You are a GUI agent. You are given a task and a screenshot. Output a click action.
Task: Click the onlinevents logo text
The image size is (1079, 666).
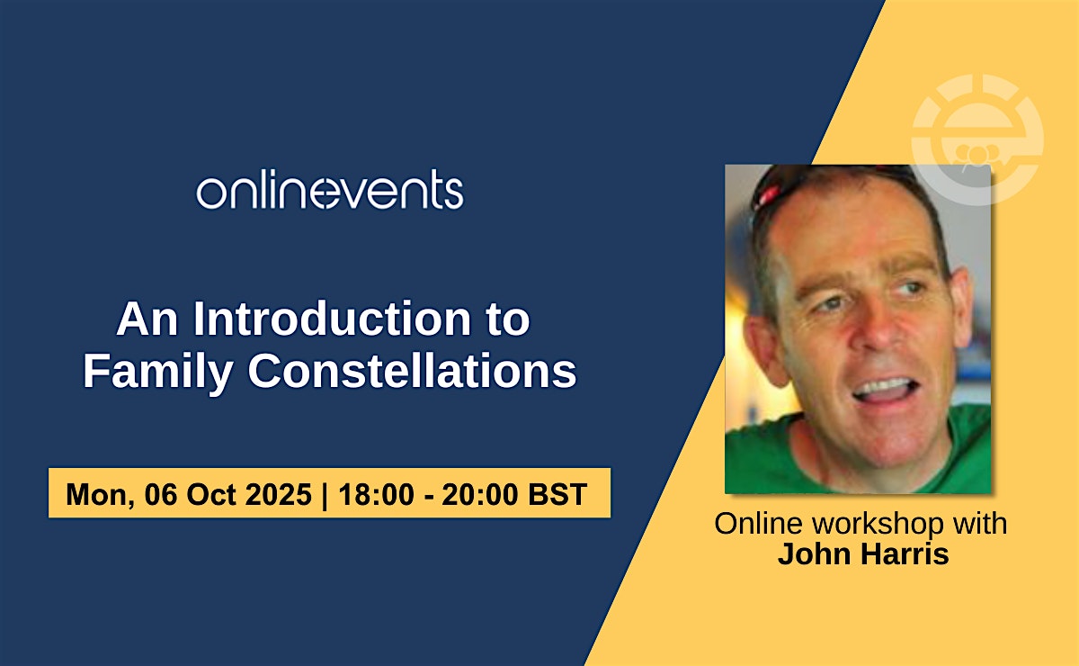(330, 189)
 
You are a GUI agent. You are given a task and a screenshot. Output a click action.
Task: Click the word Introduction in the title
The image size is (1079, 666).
(332, 319)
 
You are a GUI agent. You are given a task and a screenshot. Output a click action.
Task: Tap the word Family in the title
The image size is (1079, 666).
(158, 373)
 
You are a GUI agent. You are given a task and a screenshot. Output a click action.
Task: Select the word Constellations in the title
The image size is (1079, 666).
(413, 371)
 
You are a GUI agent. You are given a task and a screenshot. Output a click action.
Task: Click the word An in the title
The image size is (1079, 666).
(147, 319)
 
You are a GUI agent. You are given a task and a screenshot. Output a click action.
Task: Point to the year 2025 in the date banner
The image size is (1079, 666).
(279, 494)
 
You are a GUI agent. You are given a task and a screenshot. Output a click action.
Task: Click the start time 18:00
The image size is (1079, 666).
(376, 494)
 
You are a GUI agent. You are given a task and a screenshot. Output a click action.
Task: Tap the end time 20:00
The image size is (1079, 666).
(480, 494)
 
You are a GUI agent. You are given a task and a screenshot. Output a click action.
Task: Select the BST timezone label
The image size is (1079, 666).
(557, 494)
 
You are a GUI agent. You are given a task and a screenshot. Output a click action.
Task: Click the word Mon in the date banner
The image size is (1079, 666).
(99, 495)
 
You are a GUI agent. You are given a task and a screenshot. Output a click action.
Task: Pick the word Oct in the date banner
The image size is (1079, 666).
(210, 494)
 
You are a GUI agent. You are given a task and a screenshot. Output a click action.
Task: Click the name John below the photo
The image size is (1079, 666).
(814, 553)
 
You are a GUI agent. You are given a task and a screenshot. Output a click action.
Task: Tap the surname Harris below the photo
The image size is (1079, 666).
(905, 553)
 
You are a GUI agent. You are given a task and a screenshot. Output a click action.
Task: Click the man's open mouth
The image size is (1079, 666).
(886, 391)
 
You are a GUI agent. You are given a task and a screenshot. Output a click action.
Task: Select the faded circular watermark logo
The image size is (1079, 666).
(978, 139)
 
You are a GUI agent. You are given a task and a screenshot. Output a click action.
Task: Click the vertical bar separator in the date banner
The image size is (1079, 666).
(325, 495)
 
